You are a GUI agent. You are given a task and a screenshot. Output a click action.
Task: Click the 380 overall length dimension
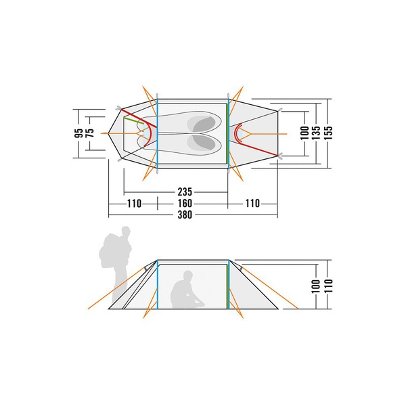coord(185,215)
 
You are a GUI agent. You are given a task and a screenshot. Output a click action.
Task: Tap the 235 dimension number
coord(185,192)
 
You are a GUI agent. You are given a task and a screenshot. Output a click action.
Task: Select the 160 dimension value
coord(185,203)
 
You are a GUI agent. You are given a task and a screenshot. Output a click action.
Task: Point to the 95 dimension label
coord(80,133)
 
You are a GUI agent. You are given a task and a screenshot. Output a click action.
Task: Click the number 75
coord(91,133)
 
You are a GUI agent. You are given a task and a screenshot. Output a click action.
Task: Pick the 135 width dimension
coord(316,133)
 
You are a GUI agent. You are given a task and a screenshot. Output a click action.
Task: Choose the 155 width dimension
coord(328,133)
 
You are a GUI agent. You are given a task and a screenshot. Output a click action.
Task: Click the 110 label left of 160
coord(134,204)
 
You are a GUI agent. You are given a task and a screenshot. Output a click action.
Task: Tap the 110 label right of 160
coord(252,204)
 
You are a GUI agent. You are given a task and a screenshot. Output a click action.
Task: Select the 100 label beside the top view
coord(304,133)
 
